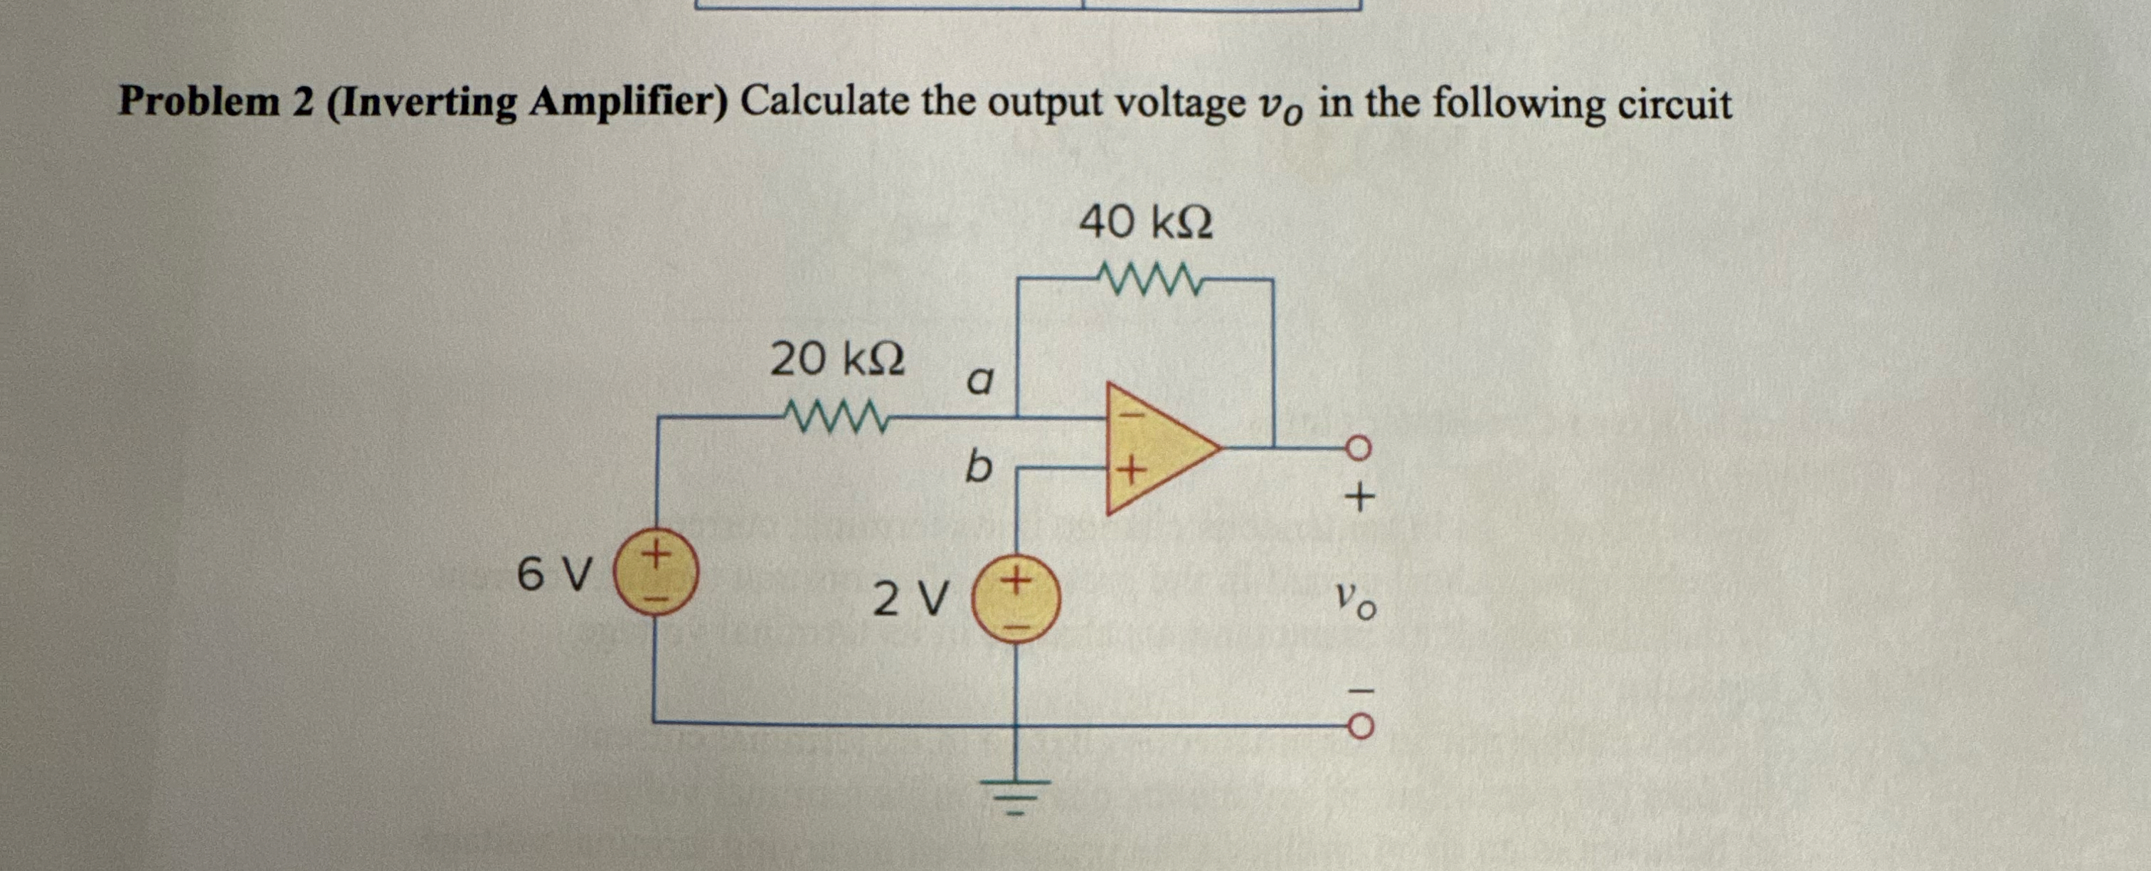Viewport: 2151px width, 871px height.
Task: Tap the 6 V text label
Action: pos(554,574)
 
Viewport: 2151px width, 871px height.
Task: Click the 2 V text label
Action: pos(910,600)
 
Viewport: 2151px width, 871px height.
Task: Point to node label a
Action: pos(979,381)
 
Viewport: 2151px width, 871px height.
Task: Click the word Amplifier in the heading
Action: pos(622,102)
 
